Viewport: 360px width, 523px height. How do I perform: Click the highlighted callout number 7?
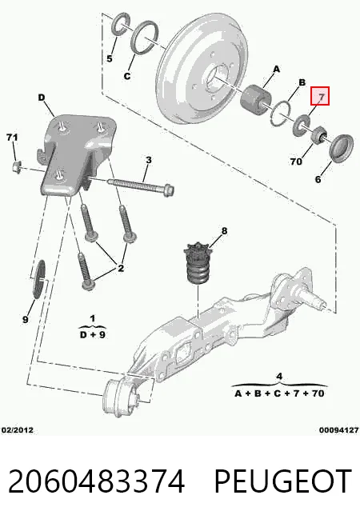click(x=321, y=97)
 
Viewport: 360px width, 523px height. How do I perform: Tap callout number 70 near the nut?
click(x=296, y=162)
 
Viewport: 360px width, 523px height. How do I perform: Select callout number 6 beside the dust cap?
click(x=318, y=179)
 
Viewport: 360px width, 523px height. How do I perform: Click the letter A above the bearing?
click(x=276, y=70)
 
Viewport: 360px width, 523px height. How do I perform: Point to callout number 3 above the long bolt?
click(x=149, y=160)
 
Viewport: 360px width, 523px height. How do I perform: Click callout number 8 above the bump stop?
click(x=224, y=231)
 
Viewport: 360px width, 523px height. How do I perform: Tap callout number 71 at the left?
click(x=12, y=137)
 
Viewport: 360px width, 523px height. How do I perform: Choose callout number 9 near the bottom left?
click(x=26, y=320)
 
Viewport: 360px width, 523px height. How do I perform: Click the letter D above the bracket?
click(x=41, y=98)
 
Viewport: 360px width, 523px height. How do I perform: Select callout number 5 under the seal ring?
click(x=110, y=58)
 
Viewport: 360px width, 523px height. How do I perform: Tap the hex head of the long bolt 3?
click(x=169, y=191)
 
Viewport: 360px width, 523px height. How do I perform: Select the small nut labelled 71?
click(x=16, y=166)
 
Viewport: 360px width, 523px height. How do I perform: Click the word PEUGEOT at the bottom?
click(x=282, y=481)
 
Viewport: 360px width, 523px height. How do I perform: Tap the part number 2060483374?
click(x=96, y=481)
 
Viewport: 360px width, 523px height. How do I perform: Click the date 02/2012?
click(x=18, y=430)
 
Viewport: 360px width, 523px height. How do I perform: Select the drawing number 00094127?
click(x=338, y=430)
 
